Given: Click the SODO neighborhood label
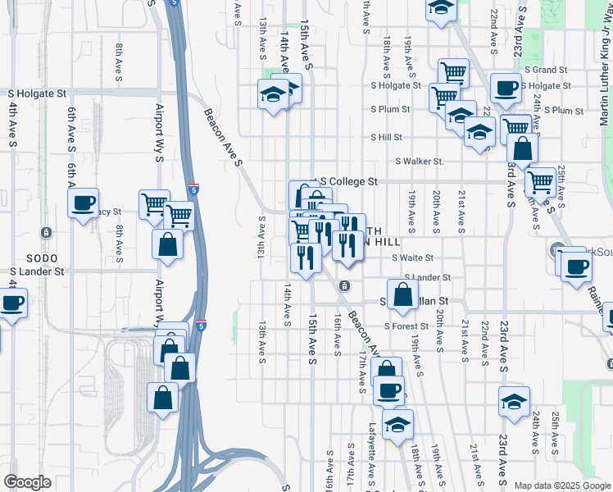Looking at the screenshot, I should coord(41,257).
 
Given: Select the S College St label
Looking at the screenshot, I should coord(347,180).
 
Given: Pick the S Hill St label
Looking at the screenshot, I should coord(386,138).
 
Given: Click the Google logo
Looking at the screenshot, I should coord(28,482).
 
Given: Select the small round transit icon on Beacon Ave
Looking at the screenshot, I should coord(345,286).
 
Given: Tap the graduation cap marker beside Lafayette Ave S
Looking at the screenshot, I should coord(397,424).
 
